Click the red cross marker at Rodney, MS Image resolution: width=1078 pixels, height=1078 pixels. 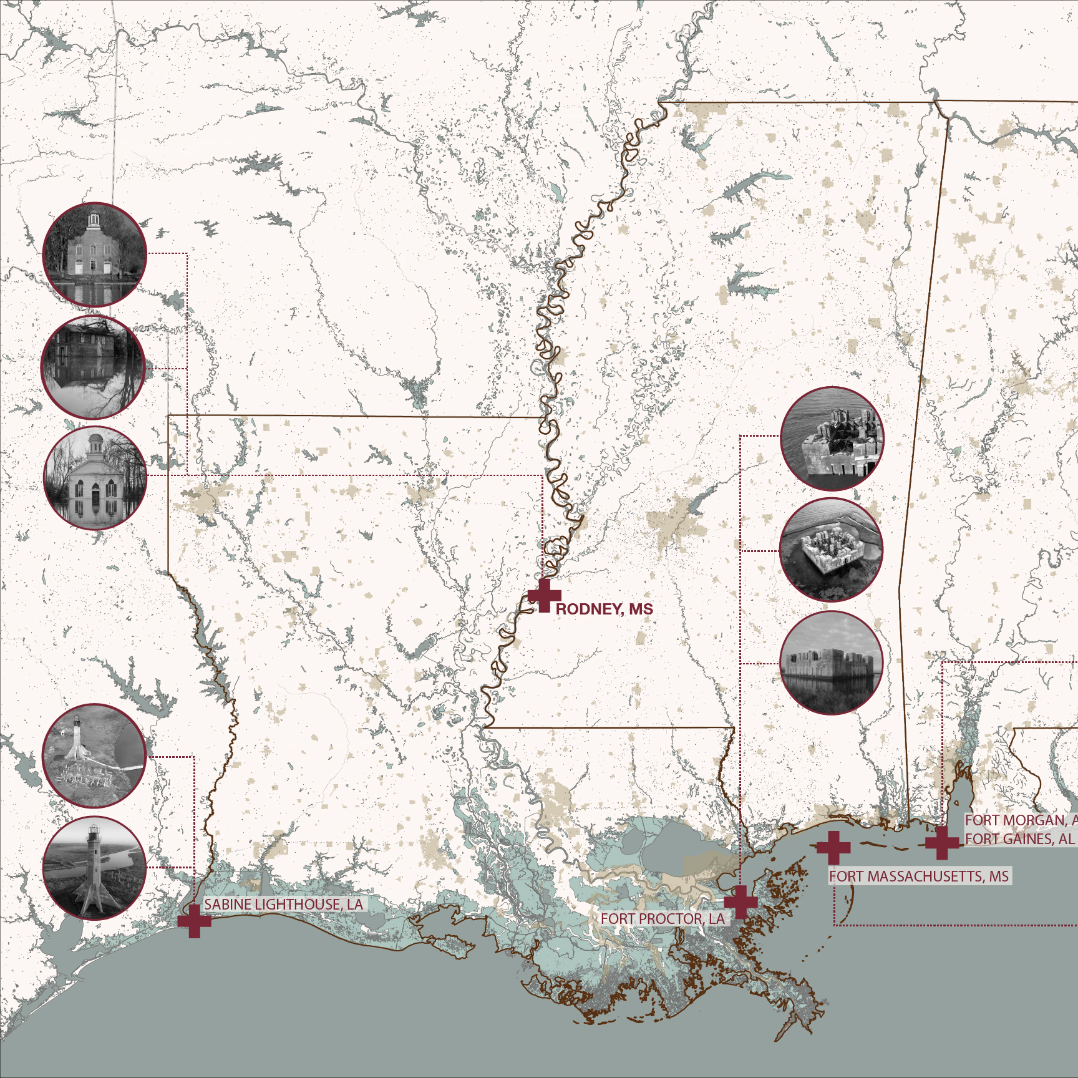[x=544, y=595]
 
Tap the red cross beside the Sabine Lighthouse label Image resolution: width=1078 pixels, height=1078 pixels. [x=194, y=921]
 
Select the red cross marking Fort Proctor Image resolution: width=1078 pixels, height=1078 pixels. [x=741, y=901]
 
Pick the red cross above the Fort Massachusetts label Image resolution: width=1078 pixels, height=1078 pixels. [x=833, y=847]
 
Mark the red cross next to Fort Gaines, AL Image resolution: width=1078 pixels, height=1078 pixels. [x=942, y=843]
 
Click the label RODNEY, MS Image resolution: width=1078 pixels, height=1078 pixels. [x=604, y=609]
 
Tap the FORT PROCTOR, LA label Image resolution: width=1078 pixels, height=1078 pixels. [x=663, y=919]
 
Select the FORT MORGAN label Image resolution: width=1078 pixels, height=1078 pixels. [x=1019, y=820]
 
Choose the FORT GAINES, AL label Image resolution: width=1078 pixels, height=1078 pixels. [x=1019, y=839]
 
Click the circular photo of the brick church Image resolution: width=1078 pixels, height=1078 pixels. [x=94, y=255]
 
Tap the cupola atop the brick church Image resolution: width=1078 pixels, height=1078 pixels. [x=94, y=219]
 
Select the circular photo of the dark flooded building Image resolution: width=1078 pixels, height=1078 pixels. [x=93, y=367]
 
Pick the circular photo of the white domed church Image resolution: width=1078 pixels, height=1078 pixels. [x=95, y=478]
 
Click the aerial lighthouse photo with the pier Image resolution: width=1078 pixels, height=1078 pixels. [x=94, y=756]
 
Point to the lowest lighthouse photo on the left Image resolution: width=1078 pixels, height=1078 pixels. [x=94, y=868]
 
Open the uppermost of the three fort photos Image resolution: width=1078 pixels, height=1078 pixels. [x=832, y=439]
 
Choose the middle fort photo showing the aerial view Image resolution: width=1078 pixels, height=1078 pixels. [x=831, y=550]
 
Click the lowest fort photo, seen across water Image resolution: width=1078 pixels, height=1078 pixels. [x=831, y=663]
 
